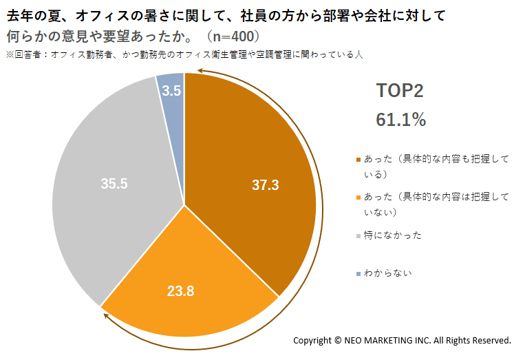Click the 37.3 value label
click(265, 185)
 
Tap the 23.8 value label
click(180, 291)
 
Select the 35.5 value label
click(114, 184)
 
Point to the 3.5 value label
click(171, 91)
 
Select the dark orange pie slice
click(255, 167)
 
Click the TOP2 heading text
click(400, 90)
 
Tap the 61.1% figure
click(400, 119)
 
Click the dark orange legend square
click(358, 160)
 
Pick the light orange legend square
click(358, 198)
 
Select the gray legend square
click(358, 236)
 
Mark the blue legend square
click(358, 274)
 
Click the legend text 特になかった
click(393, 235)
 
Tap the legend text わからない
click(387, 273)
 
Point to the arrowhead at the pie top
click(200, 71)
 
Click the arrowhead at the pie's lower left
click(106, 316)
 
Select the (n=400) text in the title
click(233, 36)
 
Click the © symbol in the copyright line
click(337, 340)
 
